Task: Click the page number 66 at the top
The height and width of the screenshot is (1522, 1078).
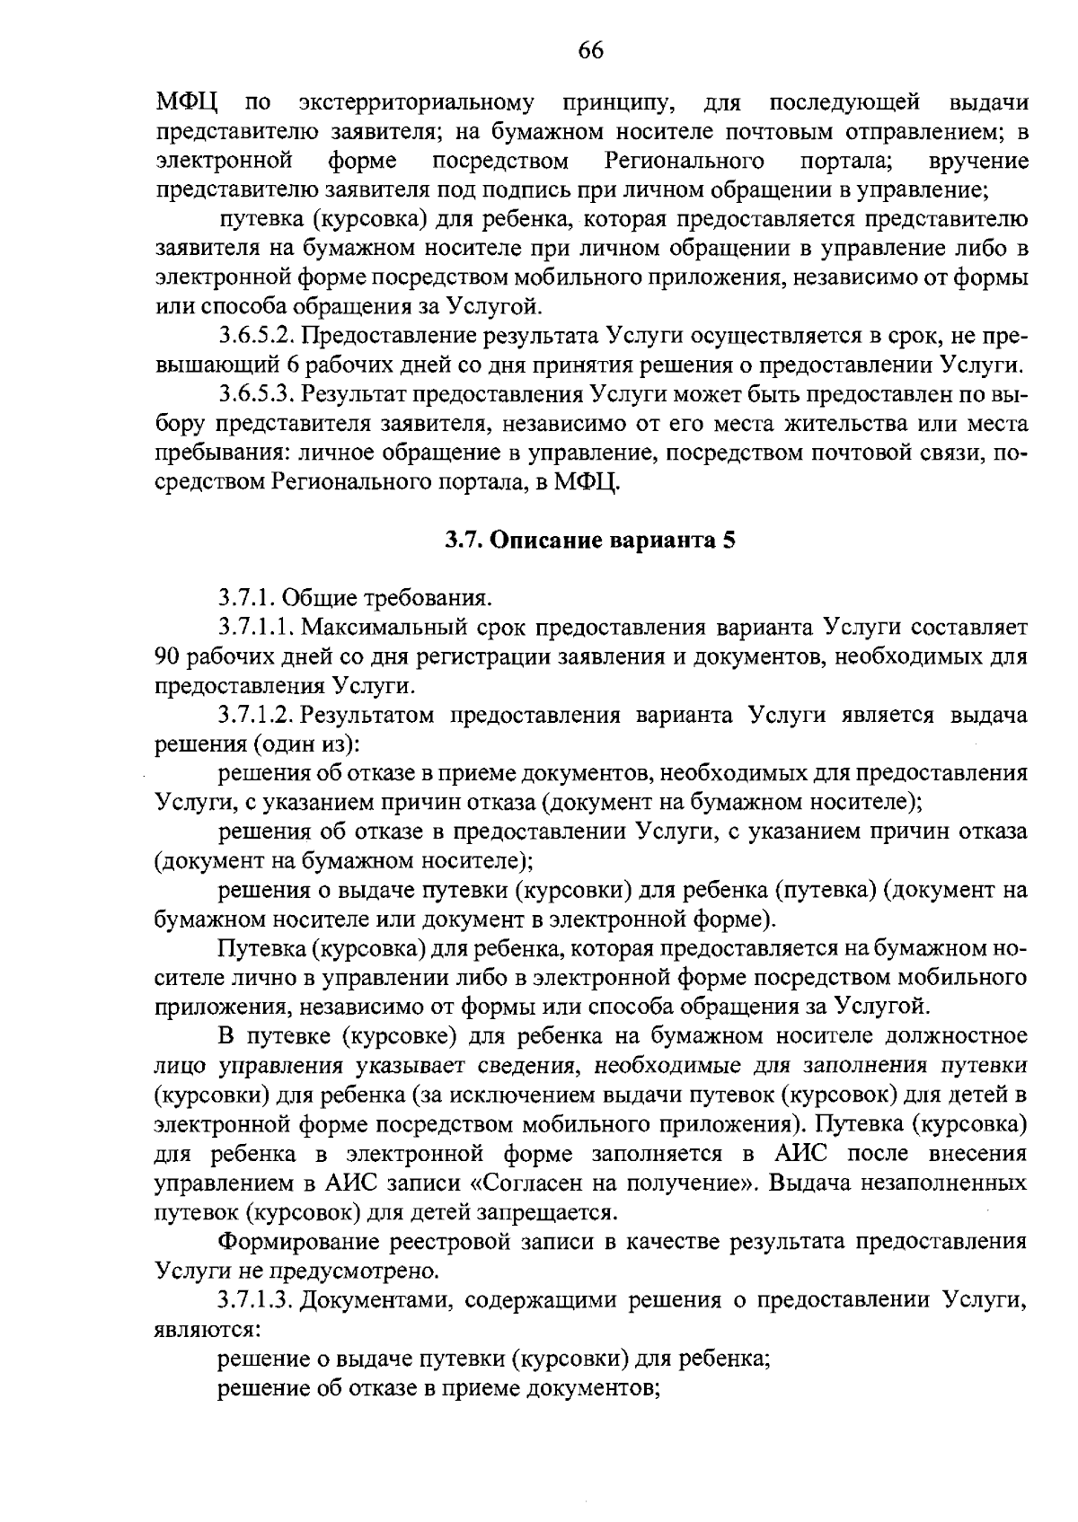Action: (590, 50)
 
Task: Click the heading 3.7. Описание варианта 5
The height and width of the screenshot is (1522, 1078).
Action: (590, 541)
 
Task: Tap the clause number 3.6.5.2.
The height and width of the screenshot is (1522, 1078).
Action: (257, 337)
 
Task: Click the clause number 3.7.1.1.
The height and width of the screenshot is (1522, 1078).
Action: (257, 627)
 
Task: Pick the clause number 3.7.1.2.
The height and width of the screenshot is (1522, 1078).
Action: (257, 716)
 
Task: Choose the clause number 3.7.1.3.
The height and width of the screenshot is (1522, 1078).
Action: (257, 1299)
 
